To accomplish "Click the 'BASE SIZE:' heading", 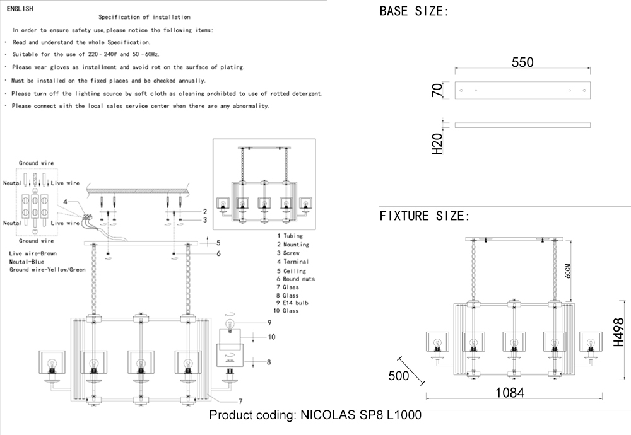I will coord(414,11).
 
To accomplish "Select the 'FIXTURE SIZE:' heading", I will coord(425,216).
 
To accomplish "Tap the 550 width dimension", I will coord(522,62).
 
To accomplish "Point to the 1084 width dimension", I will coord(510,392).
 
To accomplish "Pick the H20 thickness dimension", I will coord(437,144).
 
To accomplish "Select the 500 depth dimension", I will coord(398,376).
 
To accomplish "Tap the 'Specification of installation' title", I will coord(144,17).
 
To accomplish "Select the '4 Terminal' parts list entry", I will coord(292,262).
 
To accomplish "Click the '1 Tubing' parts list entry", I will coord(289,236).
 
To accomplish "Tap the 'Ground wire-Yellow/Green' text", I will coord(47,269).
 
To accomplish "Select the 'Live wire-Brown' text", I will coord(33,253).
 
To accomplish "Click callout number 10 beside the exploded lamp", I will coord(271,337).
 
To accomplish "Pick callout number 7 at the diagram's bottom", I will coord(240,401).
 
